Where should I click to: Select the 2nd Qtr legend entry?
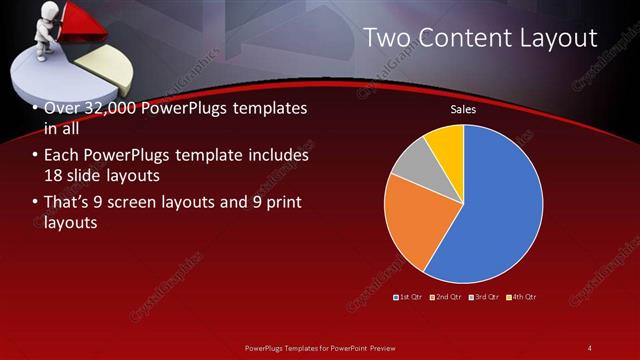pyautogui.click(x=448, y=297)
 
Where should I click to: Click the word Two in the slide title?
pyautogui.click(x=385, y=38)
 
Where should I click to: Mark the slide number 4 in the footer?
pyautogui.click(x=590, y=347)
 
